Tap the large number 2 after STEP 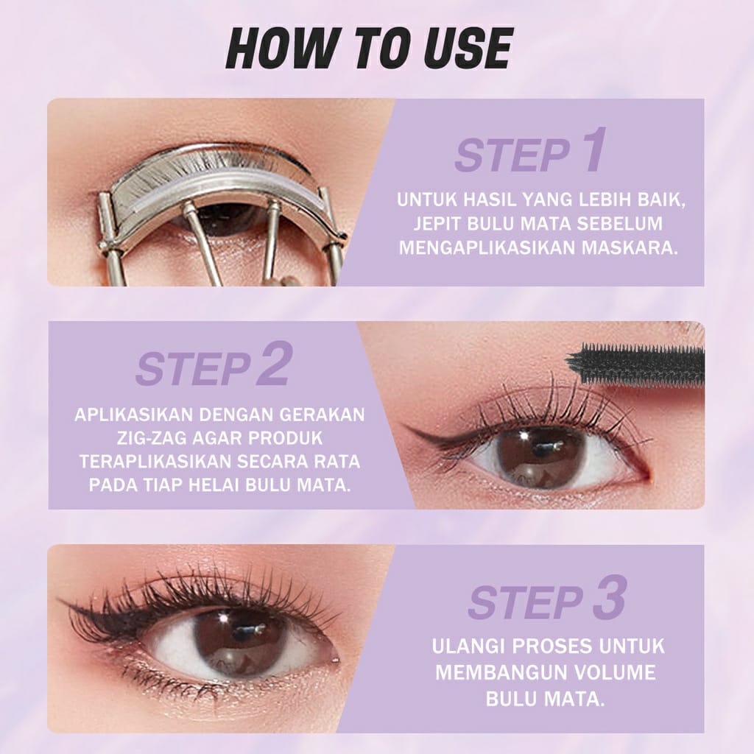pyautogui.click(x=273, y=367)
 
